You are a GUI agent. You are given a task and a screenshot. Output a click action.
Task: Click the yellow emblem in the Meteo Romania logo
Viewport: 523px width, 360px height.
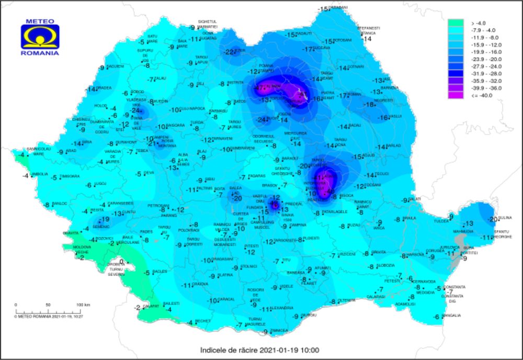click(x=40, y=37)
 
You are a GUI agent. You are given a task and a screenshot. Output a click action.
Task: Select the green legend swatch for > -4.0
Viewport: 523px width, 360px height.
click(x=456, y=23)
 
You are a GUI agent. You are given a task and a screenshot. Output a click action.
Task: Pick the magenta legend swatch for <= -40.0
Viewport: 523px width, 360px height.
click(x=456, y=95)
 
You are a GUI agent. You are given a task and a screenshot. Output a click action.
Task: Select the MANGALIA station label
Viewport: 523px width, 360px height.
click(x=451, y=316)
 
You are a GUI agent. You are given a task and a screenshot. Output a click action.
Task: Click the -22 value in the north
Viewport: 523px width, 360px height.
click(x=229, y=52)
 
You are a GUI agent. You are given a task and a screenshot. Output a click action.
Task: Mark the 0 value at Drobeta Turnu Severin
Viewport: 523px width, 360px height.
click(x=121, y=262)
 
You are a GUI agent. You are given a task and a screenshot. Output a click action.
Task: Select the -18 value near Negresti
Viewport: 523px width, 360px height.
click(x=370, y=105)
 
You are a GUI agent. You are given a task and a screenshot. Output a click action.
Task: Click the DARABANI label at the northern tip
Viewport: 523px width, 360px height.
click(x=339, y=7)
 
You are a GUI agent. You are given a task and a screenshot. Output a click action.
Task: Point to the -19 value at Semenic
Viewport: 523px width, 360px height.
click(x=104, y=220)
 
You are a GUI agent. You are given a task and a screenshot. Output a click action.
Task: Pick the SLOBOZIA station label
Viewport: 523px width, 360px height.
click(x=385, y=265)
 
